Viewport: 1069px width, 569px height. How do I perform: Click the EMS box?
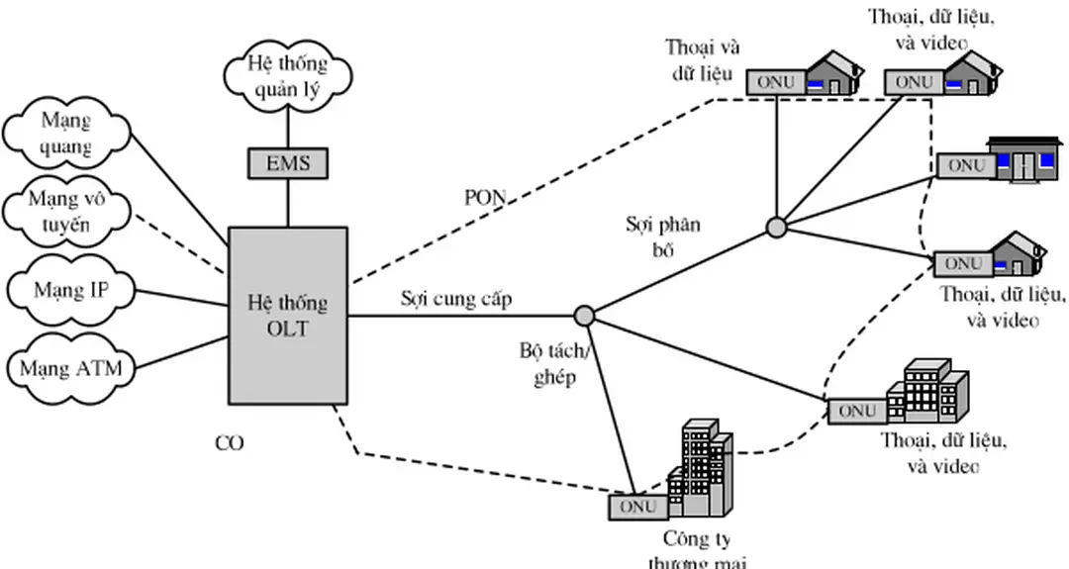[x=287, y=162]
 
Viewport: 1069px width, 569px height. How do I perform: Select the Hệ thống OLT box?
[x=287, y=315]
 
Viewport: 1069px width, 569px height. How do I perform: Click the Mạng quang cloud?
[x=66, y=135]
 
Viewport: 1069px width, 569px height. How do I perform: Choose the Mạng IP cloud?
[x=70, y=291]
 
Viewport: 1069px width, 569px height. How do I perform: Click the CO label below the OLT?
[x=229, y=443]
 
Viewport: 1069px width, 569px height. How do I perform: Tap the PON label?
[x=485, y=197]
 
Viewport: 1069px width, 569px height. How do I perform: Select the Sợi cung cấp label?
[x=456, y=298]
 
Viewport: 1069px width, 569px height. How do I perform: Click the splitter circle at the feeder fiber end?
[x=584, y=316]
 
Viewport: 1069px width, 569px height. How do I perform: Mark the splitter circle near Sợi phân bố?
[x=776, y=229]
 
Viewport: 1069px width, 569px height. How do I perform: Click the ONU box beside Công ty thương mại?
[x=636, y=507]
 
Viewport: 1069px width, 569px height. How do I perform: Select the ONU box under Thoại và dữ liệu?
[x=775, y=83]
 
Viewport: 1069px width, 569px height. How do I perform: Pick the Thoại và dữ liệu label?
[x=702, y=59]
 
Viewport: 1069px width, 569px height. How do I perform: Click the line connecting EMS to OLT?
[x=287, y=202]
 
